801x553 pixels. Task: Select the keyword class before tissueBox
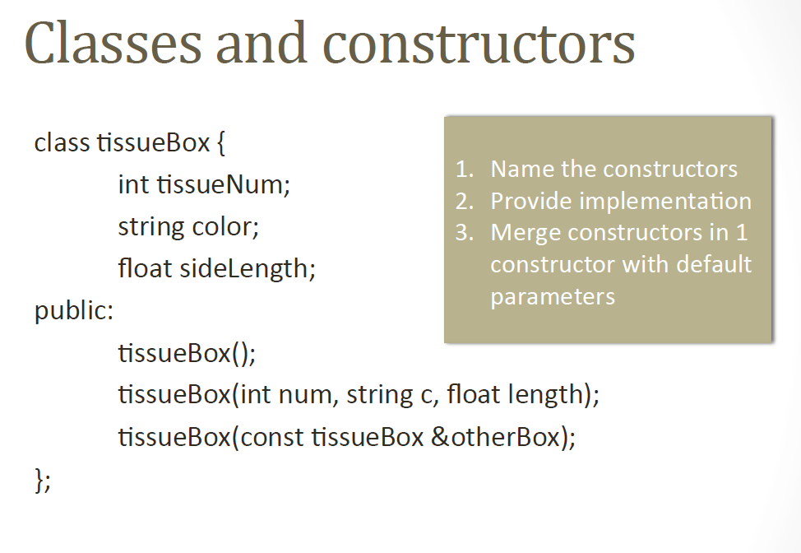62,142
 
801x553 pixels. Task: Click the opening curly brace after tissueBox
220,143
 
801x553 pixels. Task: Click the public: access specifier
74,312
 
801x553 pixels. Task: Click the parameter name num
305,395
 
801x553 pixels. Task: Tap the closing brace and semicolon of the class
42,479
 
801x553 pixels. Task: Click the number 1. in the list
465,170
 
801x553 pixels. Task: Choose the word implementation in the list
667,202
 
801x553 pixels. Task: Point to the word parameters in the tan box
553,296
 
